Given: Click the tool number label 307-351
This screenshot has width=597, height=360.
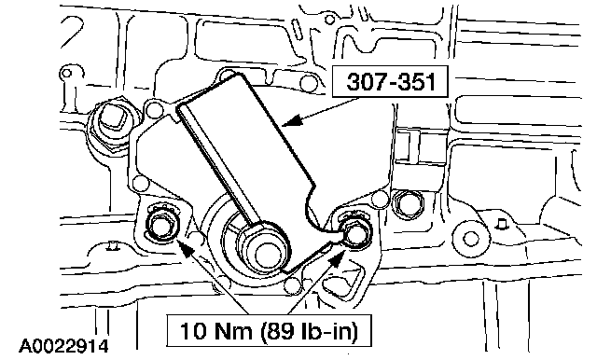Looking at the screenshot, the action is click(x=391, y=81).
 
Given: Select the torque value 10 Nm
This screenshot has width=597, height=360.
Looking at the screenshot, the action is click(x=215, y=330).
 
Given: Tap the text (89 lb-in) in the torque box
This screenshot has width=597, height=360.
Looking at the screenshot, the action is click(x=310, y=331).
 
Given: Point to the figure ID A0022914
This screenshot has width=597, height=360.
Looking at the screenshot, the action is click(x=64, y=346).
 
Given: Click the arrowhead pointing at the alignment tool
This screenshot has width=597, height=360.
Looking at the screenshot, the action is click(x=292, y=120).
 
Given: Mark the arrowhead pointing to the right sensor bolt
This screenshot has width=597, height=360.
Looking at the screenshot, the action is click(x=336, y=261).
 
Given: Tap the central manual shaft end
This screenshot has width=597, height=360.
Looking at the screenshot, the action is click(x=267, y=256).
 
